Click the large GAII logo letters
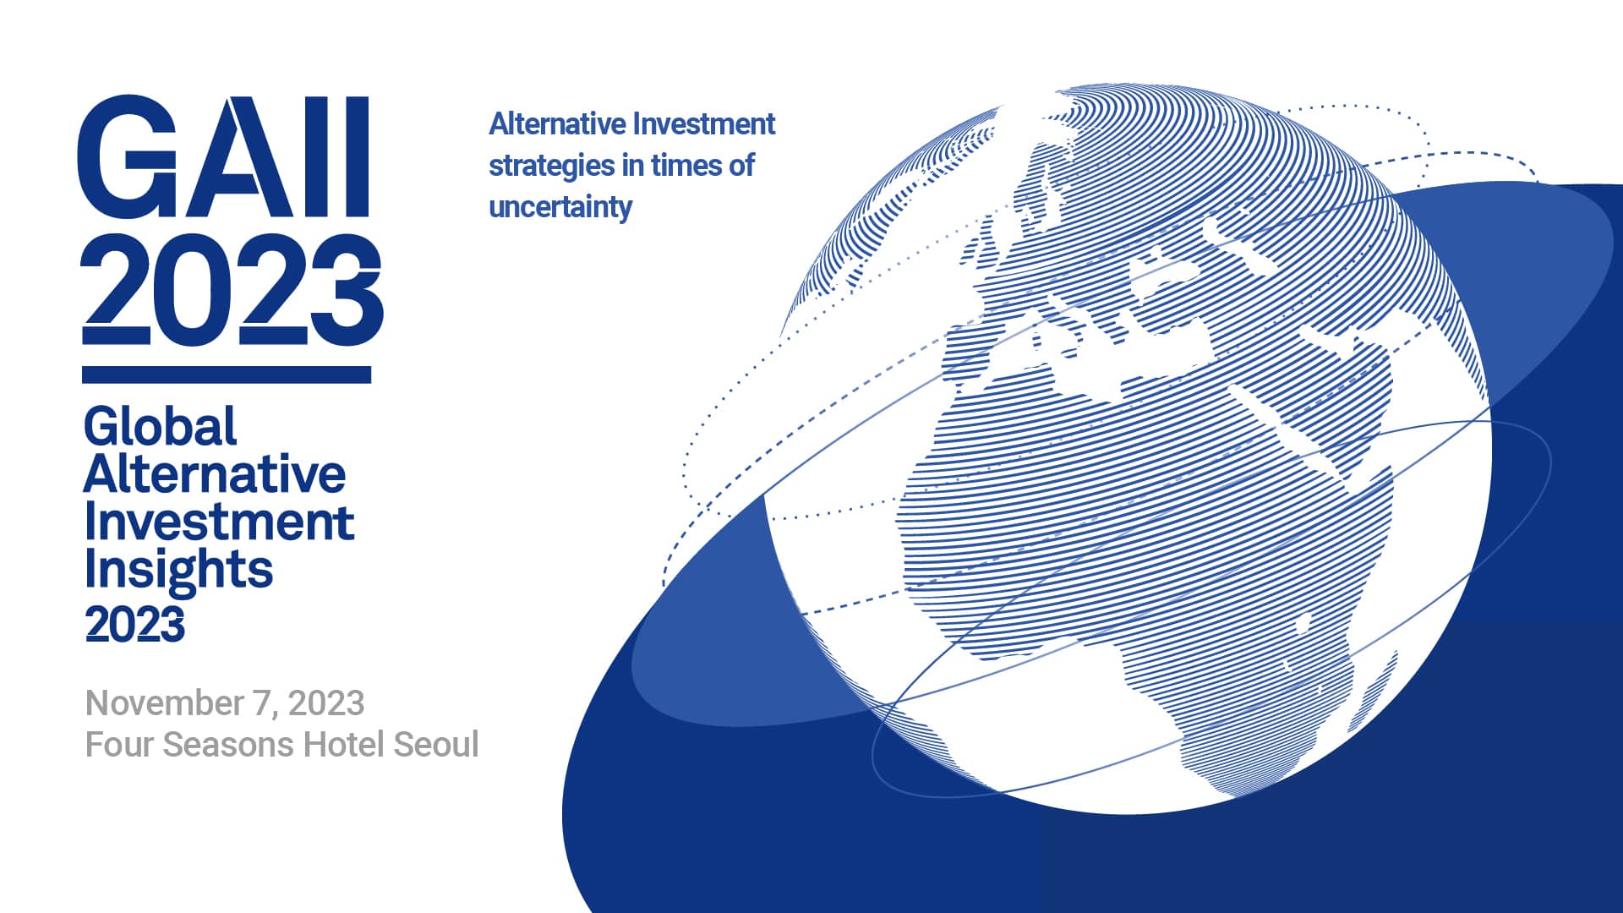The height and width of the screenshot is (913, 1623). click(224, 157)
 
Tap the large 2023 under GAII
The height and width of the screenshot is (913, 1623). click(232, 289)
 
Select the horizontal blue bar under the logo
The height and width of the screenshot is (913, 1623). click(227, 374)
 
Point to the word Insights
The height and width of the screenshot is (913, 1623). click(178, 569)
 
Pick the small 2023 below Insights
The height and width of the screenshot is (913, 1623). click(134, 625)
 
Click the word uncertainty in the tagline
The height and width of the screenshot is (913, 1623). click(560, 206)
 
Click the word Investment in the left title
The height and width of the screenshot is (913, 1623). click(219, 522)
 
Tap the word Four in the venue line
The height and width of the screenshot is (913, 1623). click(120, 744)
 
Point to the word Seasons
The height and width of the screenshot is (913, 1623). click(228, 744)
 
